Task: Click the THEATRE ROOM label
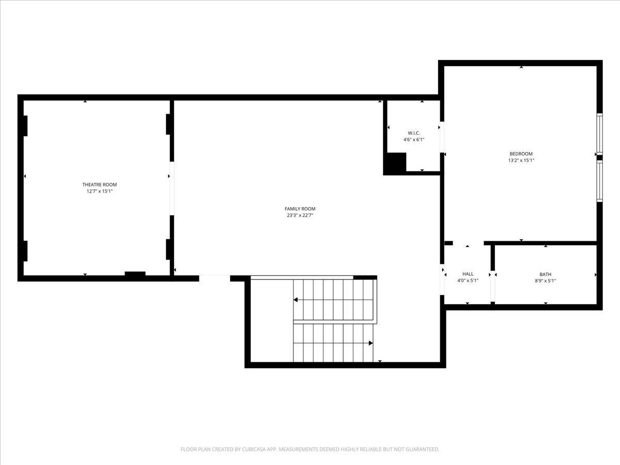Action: tap(99, 184)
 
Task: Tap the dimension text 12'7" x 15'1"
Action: tap(99, 191)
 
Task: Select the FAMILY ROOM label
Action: tap(300, 209)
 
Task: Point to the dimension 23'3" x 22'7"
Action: tap(300, 215)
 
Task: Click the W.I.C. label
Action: tap(414, 133)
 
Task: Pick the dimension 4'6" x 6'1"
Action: tap(414, 139)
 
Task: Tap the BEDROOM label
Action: tap(521, 153)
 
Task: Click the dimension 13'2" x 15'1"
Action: tap(521, 160)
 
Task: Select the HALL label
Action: tap(468, 274)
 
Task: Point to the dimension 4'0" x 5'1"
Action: tap(468, 281)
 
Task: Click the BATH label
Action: tap(545, 274)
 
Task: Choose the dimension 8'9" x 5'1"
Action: tap(545, 281)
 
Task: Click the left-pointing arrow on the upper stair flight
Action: tap(296, 300)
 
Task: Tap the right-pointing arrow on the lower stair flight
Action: tap(370, 343)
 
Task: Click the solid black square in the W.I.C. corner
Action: tap(395, 163)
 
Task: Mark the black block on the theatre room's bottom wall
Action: tap(135, 274)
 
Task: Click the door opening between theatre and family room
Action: tap(172, 189)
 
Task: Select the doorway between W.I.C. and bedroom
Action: tap(442, 137)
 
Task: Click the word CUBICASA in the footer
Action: tap(256, 450)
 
